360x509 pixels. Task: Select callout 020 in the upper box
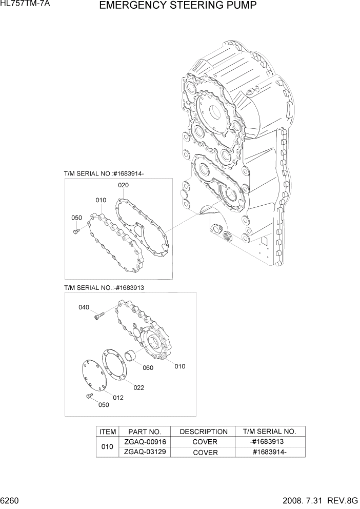(x=123, y=185)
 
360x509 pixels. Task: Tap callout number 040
(x=84, y=307)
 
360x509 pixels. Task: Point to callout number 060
(x=148, y=368)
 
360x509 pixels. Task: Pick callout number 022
(x=138, y=388)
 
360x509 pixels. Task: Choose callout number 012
(x=118, y=398)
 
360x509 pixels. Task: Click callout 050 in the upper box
(x=76, y=218)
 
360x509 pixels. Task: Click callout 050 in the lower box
(x=104, y=405)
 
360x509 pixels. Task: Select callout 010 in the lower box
(x=179, y=366)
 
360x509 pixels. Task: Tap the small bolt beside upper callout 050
(x=76, y=231)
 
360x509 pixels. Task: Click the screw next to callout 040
(x=98, y=317)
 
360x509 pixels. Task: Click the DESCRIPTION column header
(x=203, y=432)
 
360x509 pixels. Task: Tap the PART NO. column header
(x=145, y=432)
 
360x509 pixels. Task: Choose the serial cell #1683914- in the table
(x=269, y=452)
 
